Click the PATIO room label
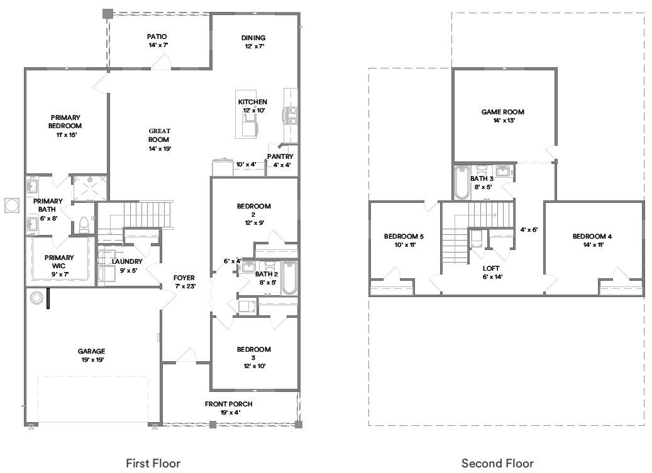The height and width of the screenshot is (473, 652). [x=157, y=36]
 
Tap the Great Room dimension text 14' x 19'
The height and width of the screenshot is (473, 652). [x=159, y=149]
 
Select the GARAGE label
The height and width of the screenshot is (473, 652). [x=91, y=351]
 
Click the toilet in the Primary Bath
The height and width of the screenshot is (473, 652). [x=83, y=224]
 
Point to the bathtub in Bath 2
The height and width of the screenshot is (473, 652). [x=289, y=279]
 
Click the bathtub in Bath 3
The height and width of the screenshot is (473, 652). [x=462, y=182]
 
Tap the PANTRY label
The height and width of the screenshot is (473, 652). [x=280, y=156]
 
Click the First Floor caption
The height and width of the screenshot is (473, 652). [x=153, y=464]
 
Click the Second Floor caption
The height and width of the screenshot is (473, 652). [x=497, y=464]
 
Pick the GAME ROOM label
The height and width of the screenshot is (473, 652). [x=502, y=112]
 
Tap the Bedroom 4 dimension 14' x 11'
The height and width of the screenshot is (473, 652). [x=592, y=245]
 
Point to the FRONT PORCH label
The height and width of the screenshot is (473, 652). [x=229, y=404]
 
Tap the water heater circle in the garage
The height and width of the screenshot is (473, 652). [x=36, y=296]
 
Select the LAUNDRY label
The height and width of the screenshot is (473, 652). [x=127, y=261]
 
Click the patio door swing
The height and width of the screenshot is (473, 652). [x=162, y=61]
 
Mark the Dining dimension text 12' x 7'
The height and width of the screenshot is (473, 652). [x=254, y=46]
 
